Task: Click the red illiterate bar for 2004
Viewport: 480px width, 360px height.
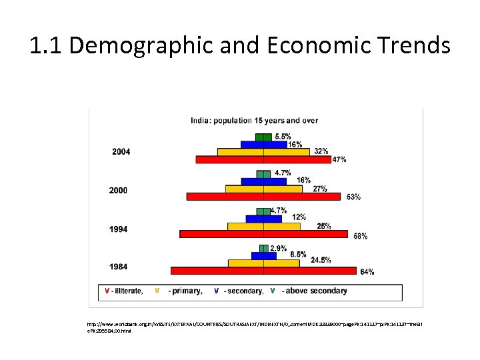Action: point(263,159)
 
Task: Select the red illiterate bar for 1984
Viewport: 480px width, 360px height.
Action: point(263,271)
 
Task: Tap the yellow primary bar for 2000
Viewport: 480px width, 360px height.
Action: point(263,189)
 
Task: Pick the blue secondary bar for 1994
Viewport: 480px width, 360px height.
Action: point(263,218)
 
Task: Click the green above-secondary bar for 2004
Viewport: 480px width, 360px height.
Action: point(264,137)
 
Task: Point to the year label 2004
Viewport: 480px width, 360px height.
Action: point(121,152)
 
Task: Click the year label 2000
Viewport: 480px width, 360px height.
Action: point(118,191)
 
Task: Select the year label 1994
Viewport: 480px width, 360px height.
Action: point(118,229)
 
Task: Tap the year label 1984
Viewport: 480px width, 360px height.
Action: point(118,267)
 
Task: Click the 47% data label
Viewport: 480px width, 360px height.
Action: point(339,159)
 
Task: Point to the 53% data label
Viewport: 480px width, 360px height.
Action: point(353,197)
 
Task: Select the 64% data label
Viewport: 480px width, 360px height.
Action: point(367,271)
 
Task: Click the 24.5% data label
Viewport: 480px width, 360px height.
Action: point(321,260)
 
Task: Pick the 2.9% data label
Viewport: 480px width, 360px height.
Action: point(278,248)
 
